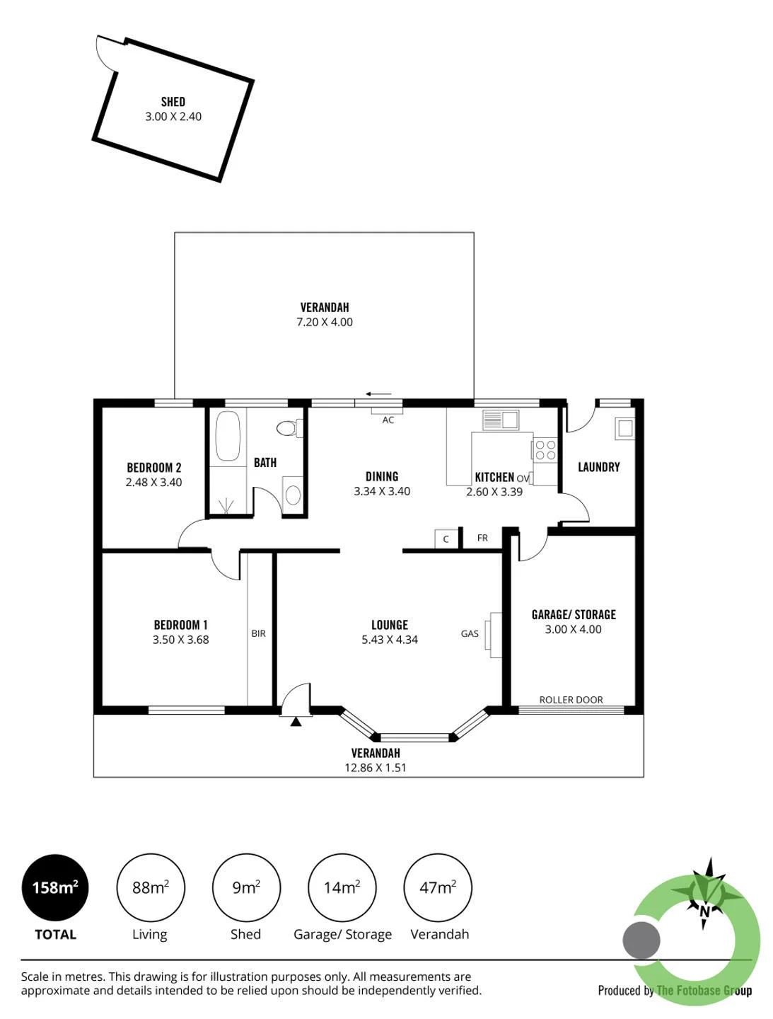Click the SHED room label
[173, 102]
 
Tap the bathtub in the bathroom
[227, 435]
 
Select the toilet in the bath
[289, 428]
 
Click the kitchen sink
[500, 420]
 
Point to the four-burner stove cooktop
[545, 449]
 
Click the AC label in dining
[388, 420]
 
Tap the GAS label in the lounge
[469, 633]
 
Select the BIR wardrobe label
[258, 633]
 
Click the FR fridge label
[482, 538]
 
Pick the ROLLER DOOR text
[571, 700]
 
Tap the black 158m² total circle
[54, 887]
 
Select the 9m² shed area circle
[246, 887]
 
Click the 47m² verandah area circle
[438, 887]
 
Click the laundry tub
[624, 428]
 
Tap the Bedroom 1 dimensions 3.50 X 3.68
[180, 640]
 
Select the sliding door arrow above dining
[378, 394]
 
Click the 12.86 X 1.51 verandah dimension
[375, 767]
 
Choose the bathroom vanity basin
[293, 495]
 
